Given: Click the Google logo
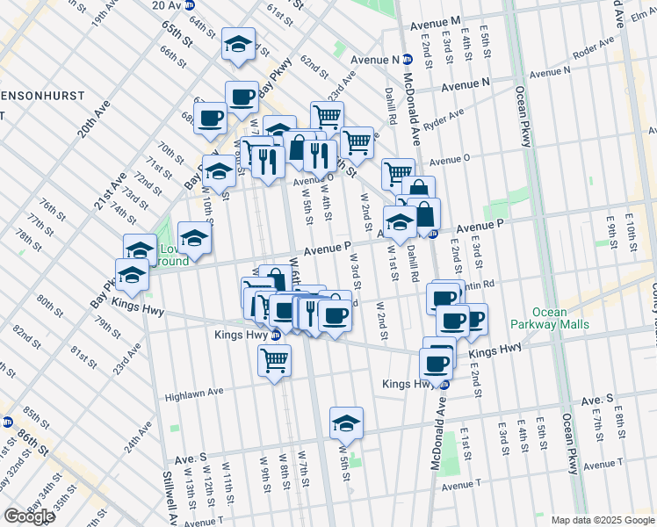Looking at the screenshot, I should (x=29, y=516).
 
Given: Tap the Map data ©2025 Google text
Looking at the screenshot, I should (x=602, y=520).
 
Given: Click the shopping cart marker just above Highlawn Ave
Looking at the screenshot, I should (x=275, y=360).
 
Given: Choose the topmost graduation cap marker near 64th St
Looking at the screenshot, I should (x=236, y=45).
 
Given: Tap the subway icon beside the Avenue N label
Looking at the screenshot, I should (x=408, y=60).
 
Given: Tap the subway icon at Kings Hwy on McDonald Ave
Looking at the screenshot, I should (x=445, y=384).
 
